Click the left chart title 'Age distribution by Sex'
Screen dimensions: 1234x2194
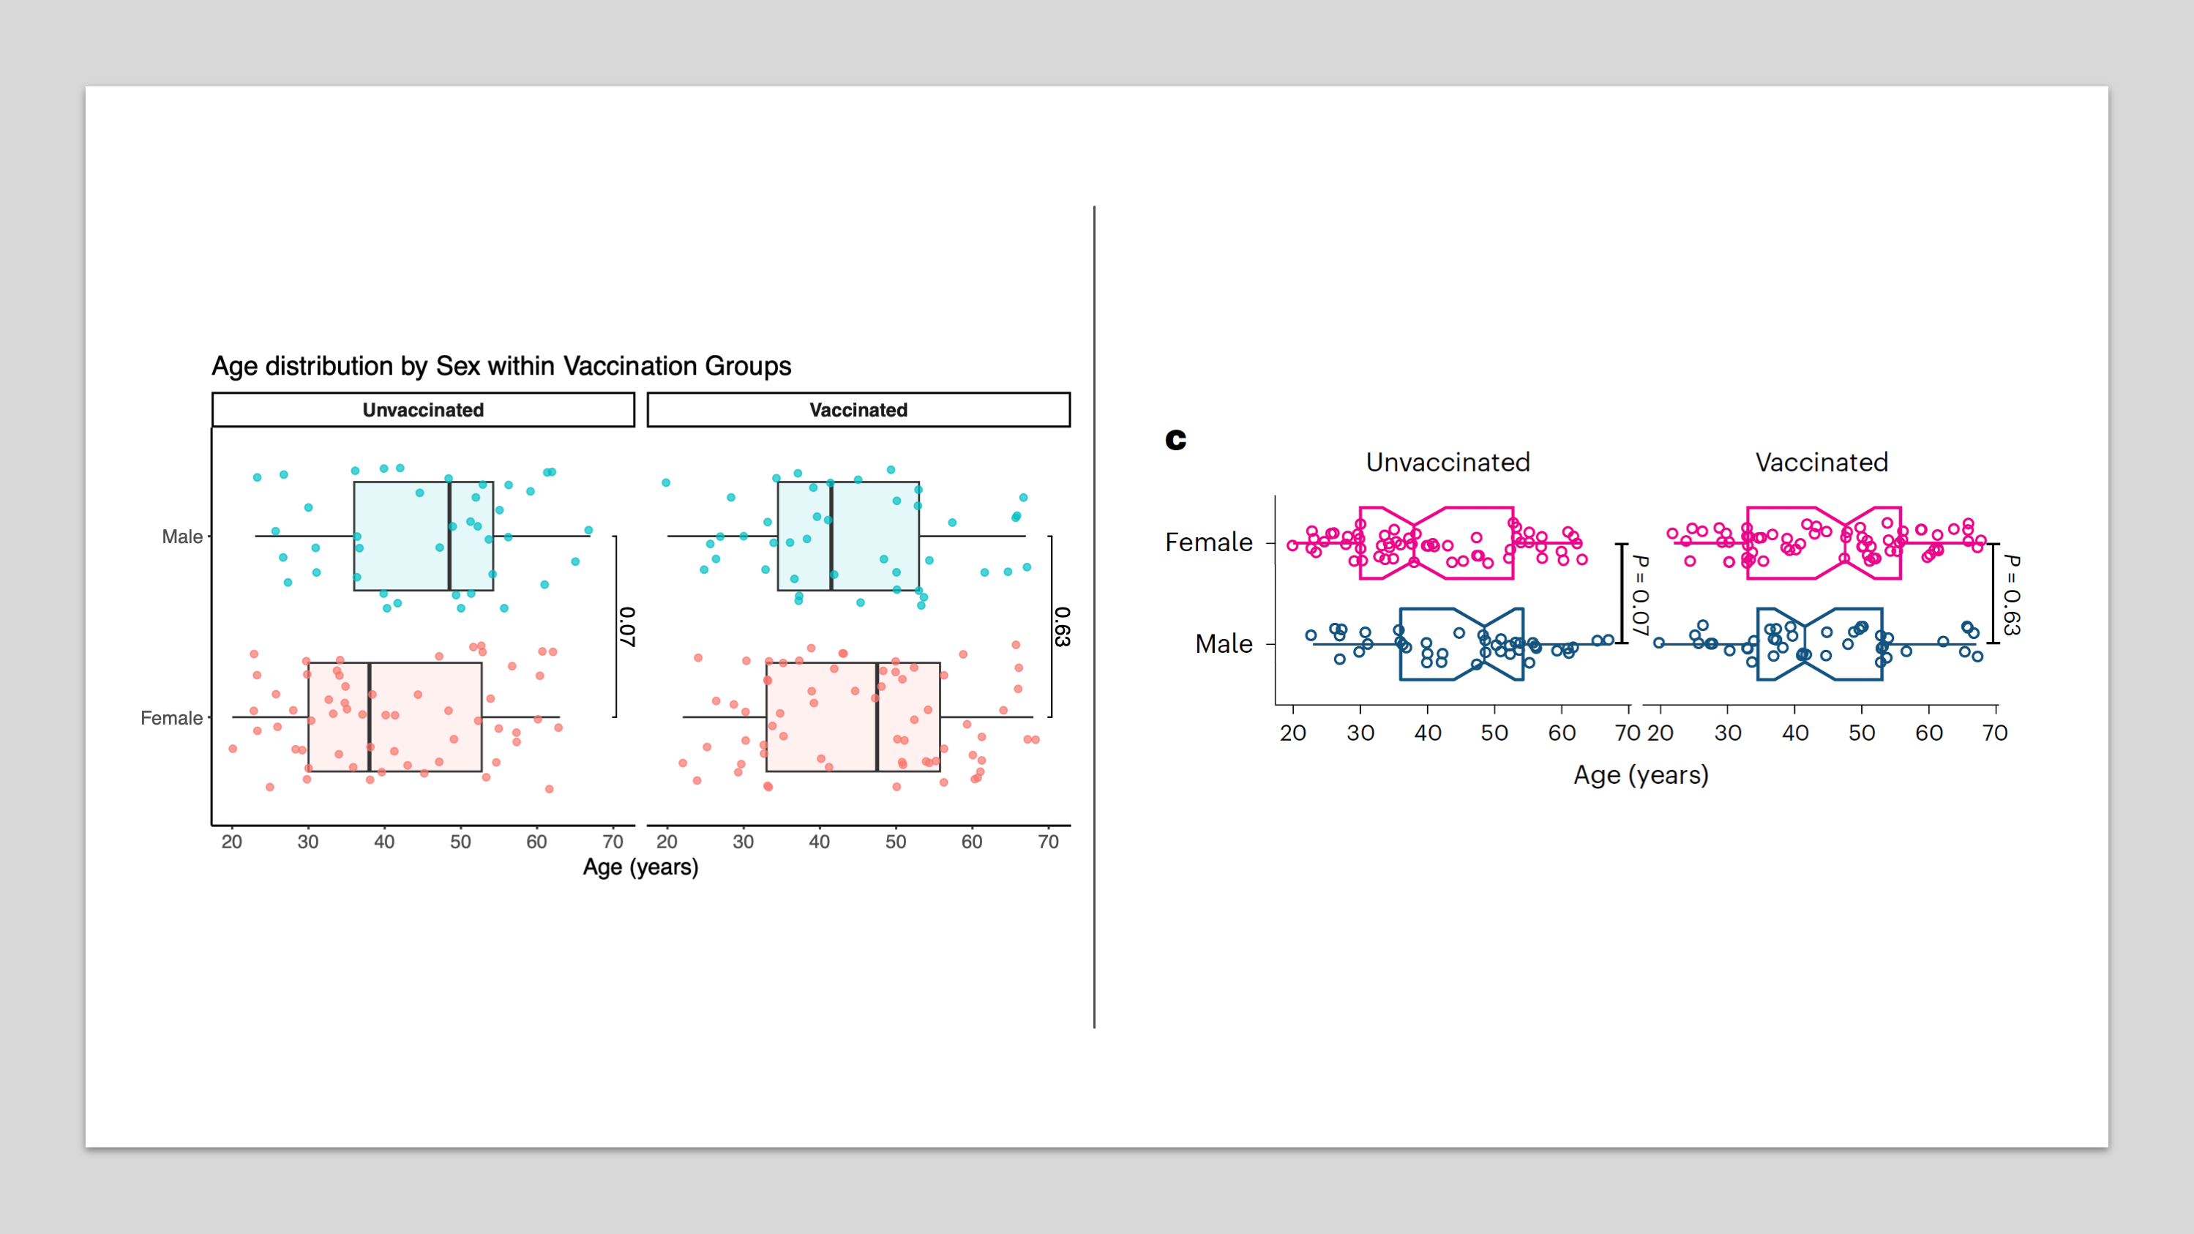[x=501, y=366]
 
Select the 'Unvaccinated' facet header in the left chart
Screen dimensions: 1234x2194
[x=423, y=410]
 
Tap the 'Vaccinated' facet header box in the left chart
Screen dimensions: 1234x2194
[x=858, y=410]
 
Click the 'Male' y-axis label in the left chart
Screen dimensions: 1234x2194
[x=182, y=536]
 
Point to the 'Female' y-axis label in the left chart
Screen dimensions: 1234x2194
[x=171, y=718]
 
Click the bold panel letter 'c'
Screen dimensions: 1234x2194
[x=1175, y=439]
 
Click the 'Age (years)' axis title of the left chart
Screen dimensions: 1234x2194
[x=640, y=867]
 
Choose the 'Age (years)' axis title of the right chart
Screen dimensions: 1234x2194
[x=1641, y=775]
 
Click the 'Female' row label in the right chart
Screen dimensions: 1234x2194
[x=1208, y=542]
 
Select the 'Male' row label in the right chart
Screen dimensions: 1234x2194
[x=1223, y=644]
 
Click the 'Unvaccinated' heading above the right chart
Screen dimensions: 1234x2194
[x=1448, y=463]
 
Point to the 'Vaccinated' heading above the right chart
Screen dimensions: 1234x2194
[x=1822, y=463]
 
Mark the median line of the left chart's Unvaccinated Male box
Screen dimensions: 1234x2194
[x=449, y=536]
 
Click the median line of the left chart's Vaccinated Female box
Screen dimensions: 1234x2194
[x=877, y=718]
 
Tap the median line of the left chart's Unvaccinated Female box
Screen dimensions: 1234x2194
[x=370, y=718]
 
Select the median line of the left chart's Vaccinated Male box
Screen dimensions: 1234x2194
[x=831, y=536]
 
